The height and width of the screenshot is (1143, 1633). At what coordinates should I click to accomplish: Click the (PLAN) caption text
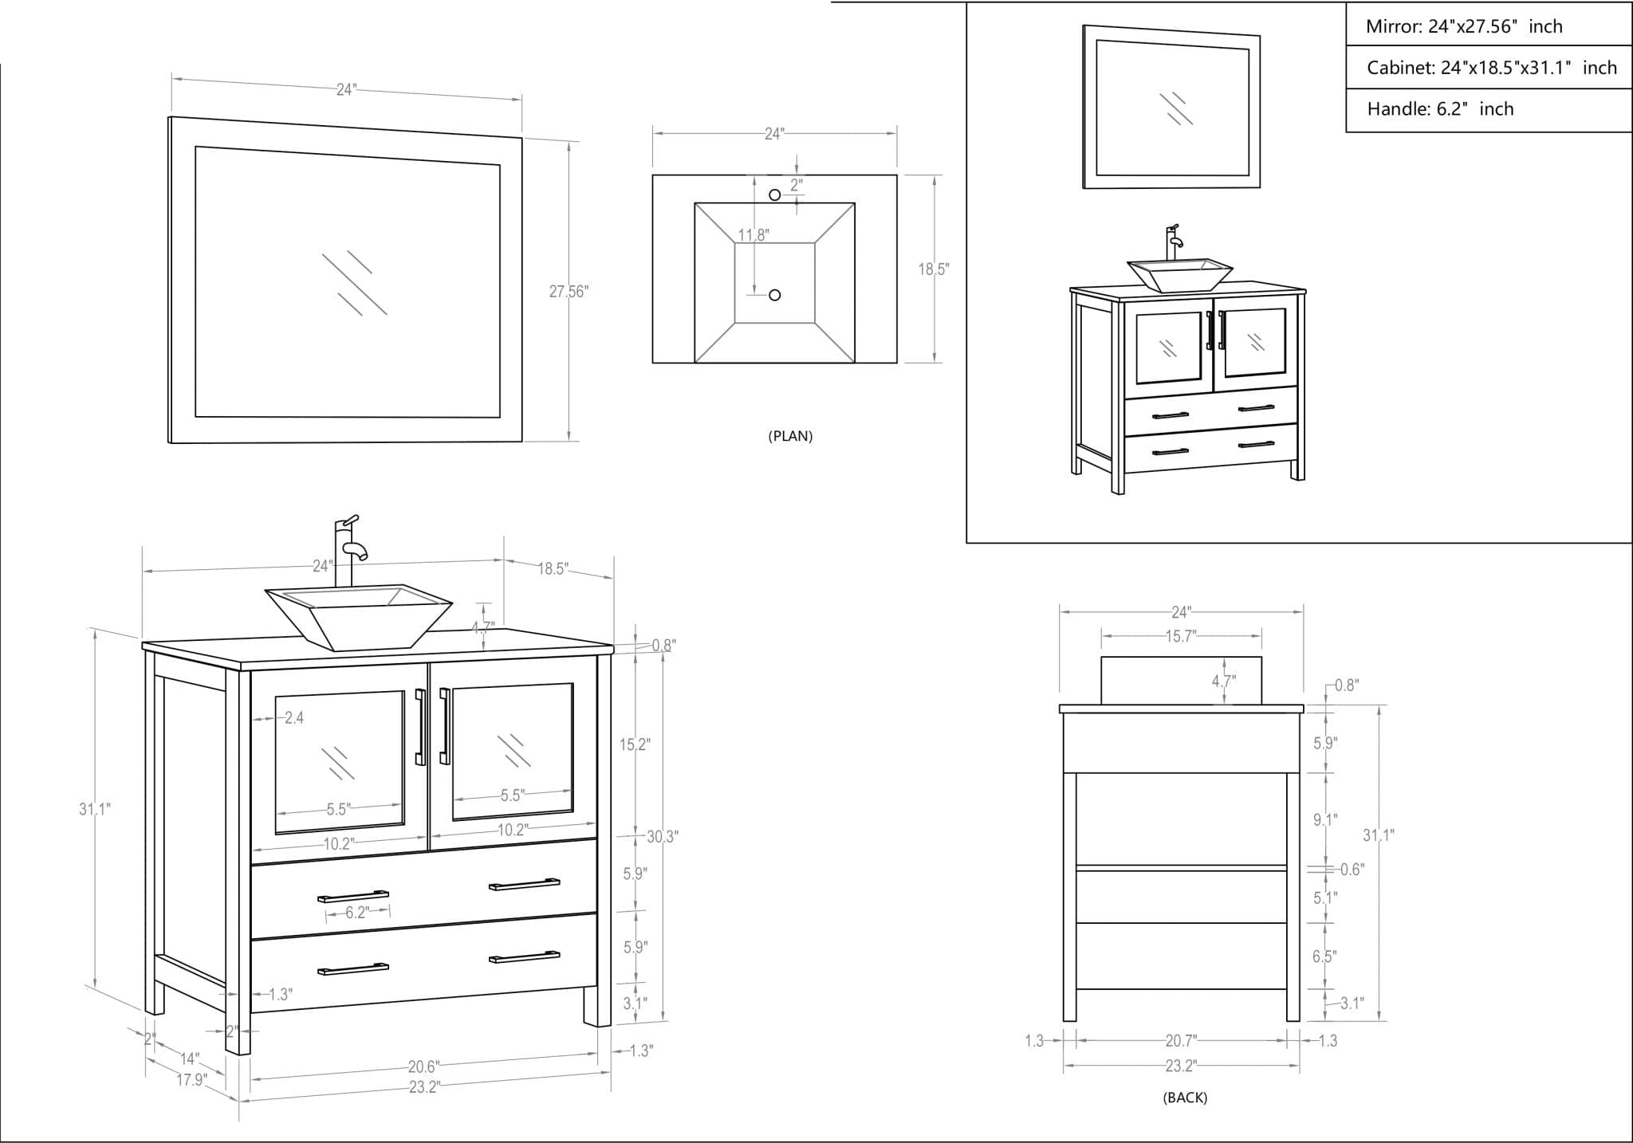tap(790, 436)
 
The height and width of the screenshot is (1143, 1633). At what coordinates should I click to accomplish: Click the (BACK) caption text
tap(1185, 1098)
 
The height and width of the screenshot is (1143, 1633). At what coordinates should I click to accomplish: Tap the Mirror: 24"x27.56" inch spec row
tap(1464, 26)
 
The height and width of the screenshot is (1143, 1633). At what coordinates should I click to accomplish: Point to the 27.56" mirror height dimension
tap(568, 292)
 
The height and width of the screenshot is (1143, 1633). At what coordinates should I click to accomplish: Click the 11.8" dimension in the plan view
tap(753, 235)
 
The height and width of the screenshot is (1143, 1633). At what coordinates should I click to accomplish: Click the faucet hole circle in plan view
tap(774, 194)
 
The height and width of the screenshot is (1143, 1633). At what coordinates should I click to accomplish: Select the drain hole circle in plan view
tap(774, 295)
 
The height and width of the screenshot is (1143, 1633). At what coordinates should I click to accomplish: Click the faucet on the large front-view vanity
tap(348, 546)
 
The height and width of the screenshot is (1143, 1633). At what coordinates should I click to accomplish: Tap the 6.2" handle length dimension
tap(356, 913)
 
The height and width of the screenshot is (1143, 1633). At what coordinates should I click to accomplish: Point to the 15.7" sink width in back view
tap(1181, 636)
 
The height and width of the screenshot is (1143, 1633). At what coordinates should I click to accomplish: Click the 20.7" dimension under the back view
tap(1181, 1040)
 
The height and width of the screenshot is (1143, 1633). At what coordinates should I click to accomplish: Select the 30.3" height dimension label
tap(662, 837)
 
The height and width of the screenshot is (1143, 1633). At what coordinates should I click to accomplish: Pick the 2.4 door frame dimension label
tap(294, 718)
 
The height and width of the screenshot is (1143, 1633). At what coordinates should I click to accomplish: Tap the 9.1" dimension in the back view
tap(1325, 819)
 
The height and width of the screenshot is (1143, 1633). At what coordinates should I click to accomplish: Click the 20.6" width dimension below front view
tap(423, 1066)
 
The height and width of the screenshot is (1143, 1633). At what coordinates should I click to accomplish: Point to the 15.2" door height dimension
tap(635, 745)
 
